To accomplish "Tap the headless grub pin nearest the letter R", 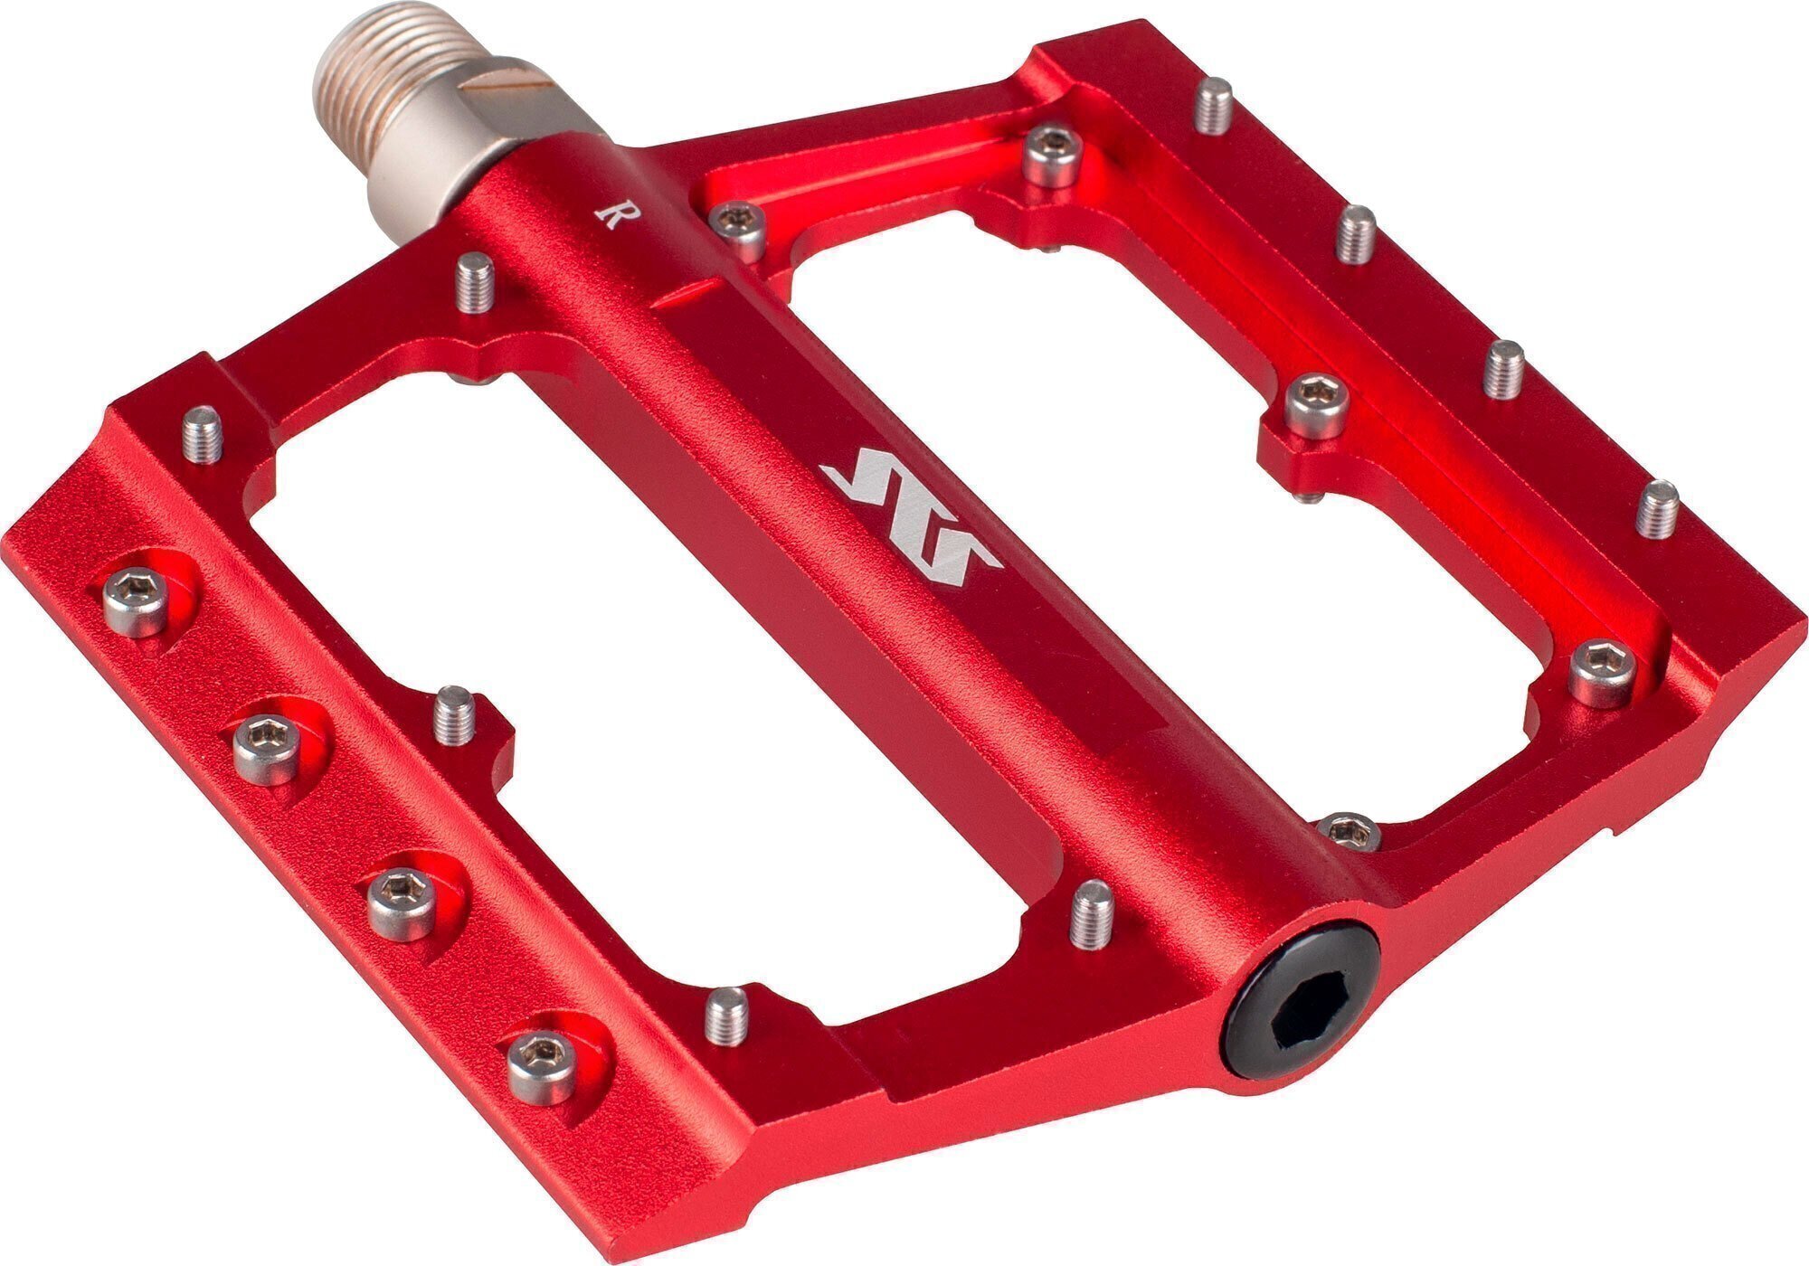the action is point(475,284).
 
